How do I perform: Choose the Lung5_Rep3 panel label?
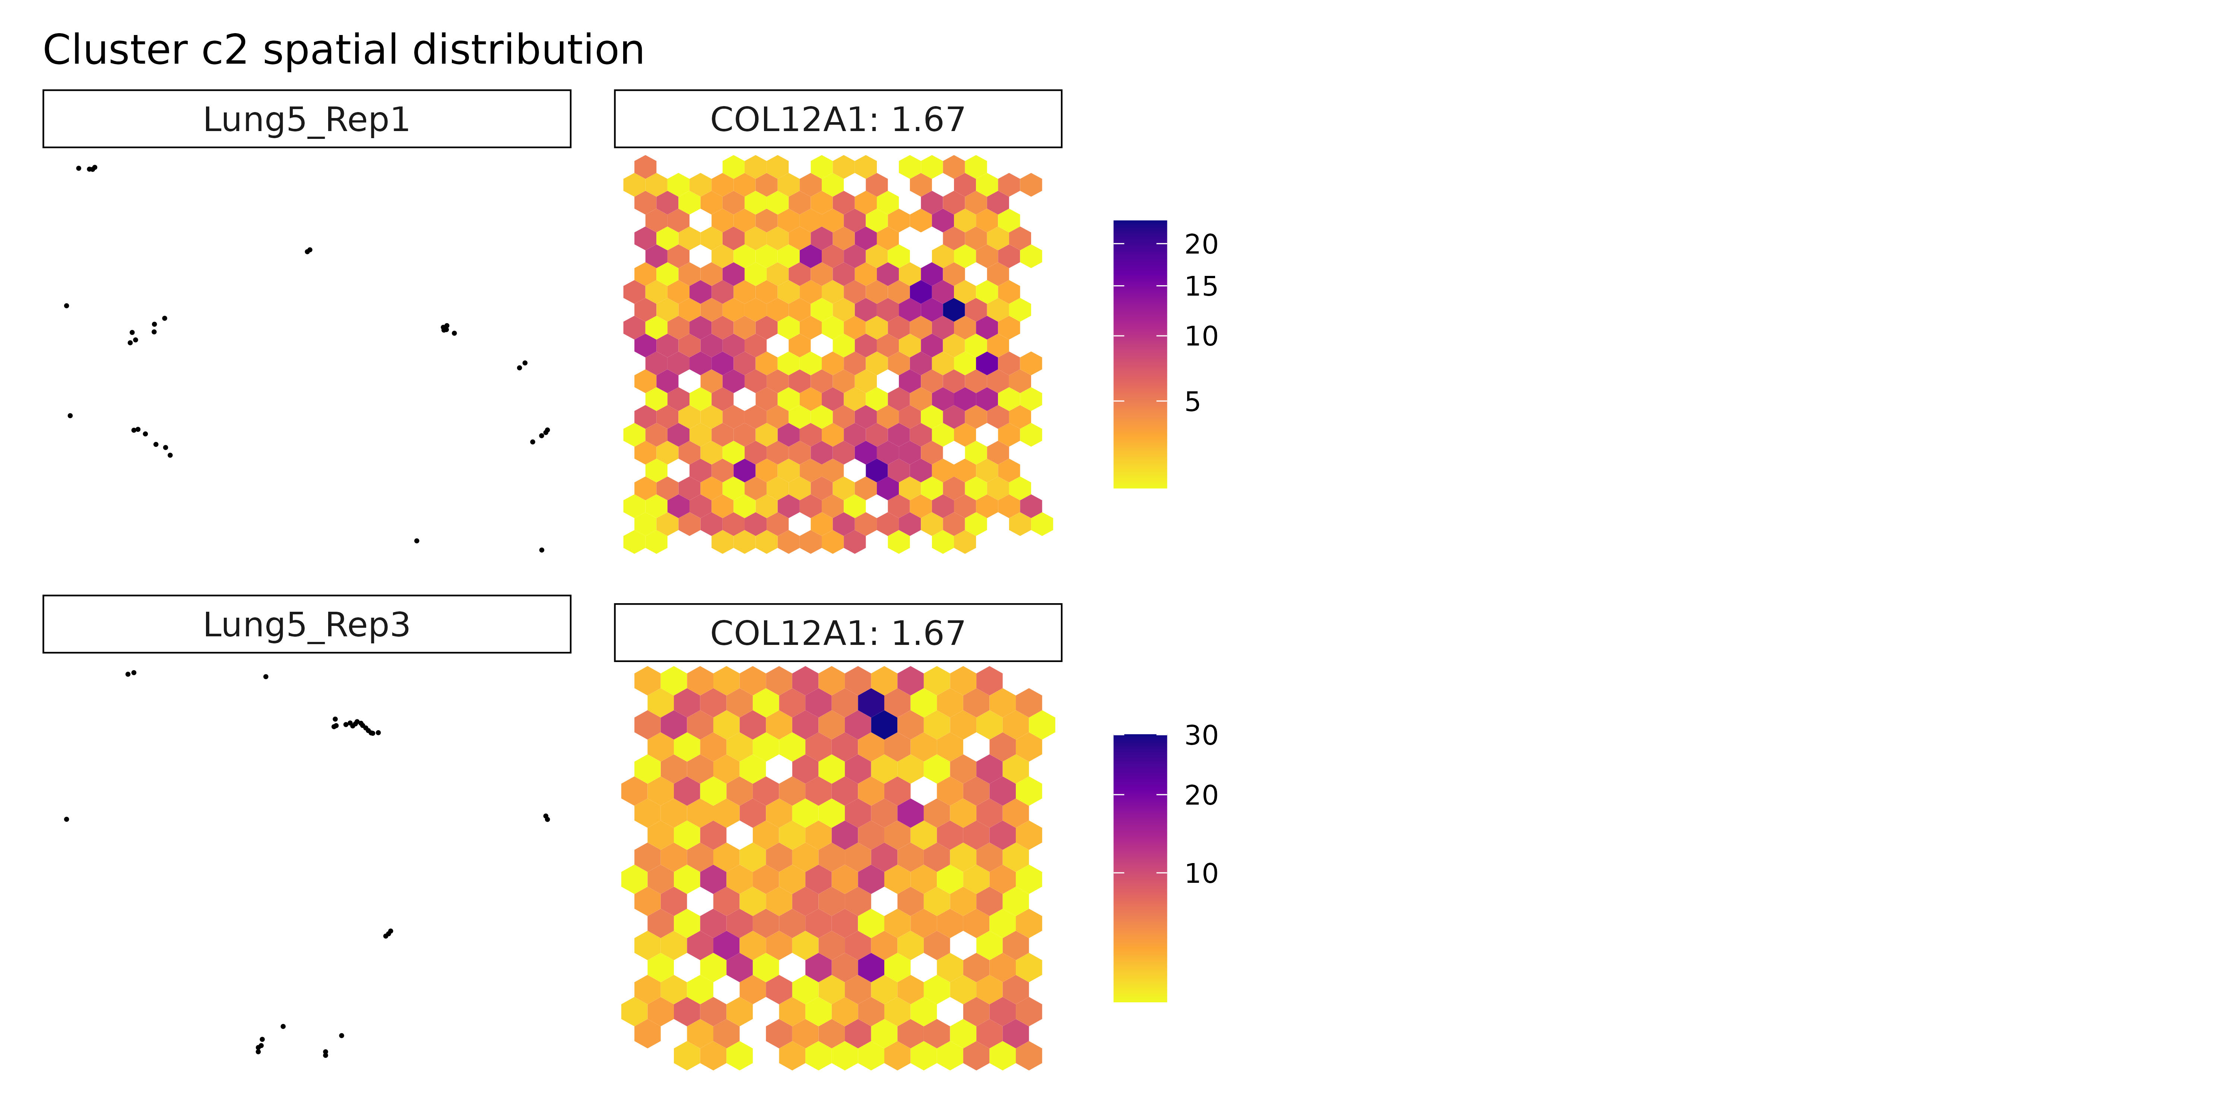[306, 624]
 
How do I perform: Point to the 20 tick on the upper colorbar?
[1201, 245]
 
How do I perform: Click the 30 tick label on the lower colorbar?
[1201, 735]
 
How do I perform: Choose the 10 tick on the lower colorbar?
[1201, 873]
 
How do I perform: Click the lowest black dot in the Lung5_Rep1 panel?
[541, 550]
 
